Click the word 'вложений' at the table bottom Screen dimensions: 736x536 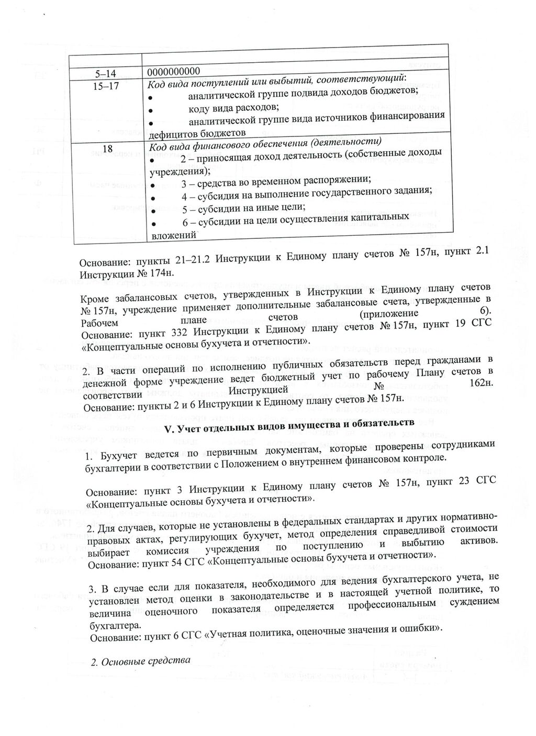173,235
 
